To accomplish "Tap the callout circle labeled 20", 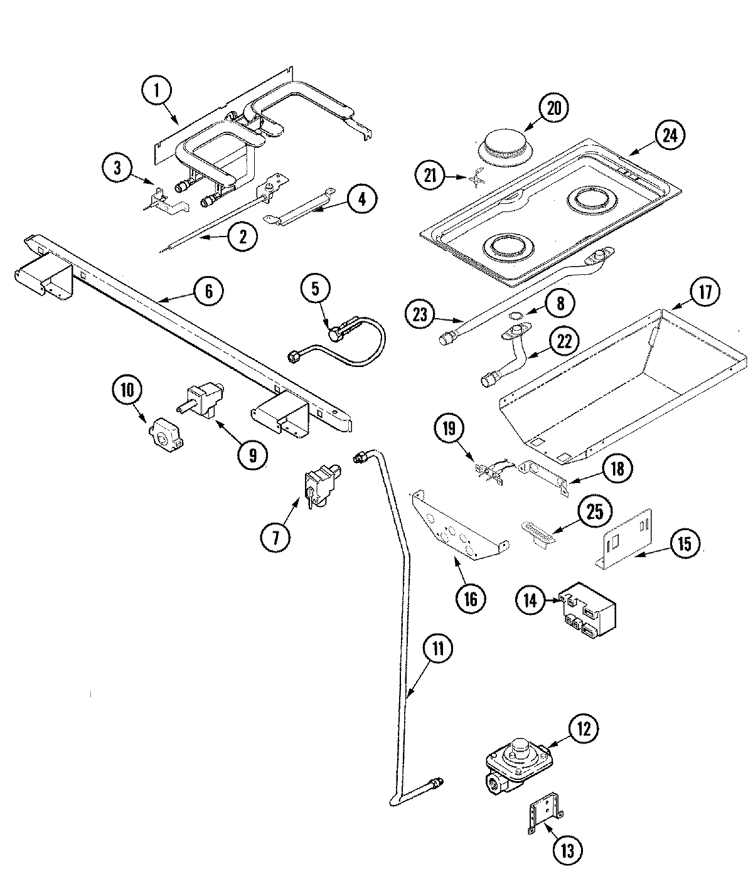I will click(x=552, y=109).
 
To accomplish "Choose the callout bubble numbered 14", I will click(x=531, y=600).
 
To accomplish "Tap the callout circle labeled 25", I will click(x=594, y=512).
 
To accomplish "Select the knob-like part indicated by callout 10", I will click(x=164, y=432).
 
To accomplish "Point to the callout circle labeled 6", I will click(x=208, y=291).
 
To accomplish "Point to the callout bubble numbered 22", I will click(x=563, y=341).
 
